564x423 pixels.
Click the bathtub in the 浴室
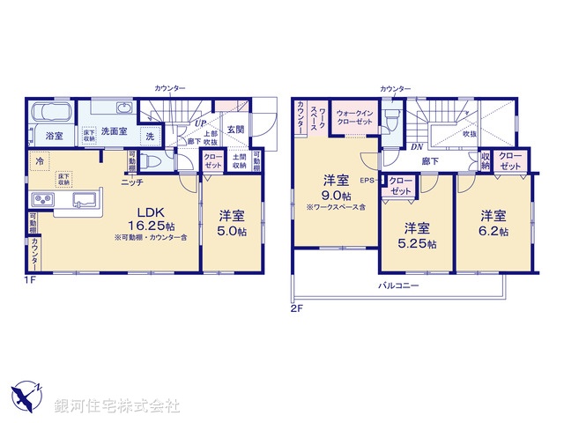click(x=53, y=115)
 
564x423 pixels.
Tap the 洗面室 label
click(x=115, y=130)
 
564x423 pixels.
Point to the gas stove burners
click(x=43, y=198)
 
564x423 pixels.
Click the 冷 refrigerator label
click(x=41, y=161)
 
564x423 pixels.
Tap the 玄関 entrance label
click(x=234, y=130)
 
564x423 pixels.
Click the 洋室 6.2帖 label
click(x=493, y=223)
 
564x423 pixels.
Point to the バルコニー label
click(x=399, y=286)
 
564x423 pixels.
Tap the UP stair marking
click(x=201, y=124)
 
